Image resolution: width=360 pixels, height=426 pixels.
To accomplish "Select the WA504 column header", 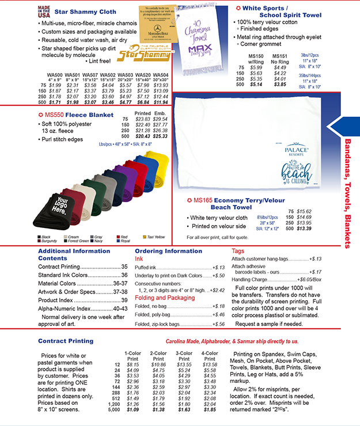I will coord(161,74).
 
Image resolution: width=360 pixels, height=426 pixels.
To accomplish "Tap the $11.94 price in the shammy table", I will coord(161,102).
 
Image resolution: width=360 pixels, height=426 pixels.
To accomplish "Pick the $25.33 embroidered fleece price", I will coord(161,136).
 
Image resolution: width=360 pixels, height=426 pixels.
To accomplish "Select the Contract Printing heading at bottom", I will coord(65,341).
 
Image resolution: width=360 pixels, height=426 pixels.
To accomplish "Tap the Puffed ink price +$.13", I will coord(218,268).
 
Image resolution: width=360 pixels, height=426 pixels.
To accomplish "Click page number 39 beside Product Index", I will coord(124,300).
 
